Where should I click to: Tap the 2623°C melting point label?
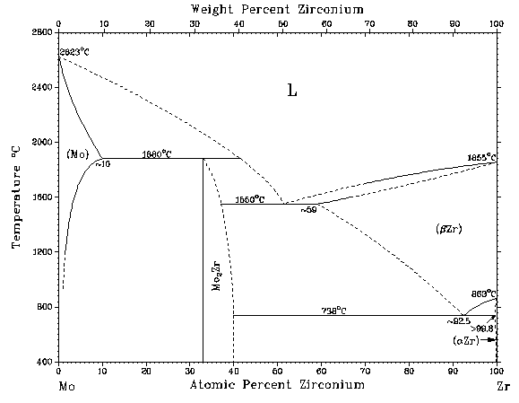pyautogui.click(x=75, y=52)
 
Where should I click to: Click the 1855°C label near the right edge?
pyautogui.click(x=481, y=158)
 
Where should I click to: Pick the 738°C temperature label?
pyautogui.click(x=334, y=311)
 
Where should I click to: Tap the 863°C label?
pyautogui.click(x=484, y=293)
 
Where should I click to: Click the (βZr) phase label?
pyautogui.click(x=447, y=230)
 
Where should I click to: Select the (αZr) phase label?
pyautogui.click(x=468, y=340)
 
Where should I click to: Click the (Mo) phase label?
pyautogui.click(x=77, y=154)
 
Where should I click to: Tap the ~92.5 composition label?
pyautogui.click(x=458, y=320)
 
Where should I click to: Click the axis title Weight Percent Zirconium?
pyautogui.click(x=277, y=9)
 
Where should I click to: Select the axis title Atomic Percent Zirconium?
pyautogui.click(x=277, y=384)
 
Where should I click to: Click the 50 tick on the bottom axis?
pyautogui.click(x=278, y=370)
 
